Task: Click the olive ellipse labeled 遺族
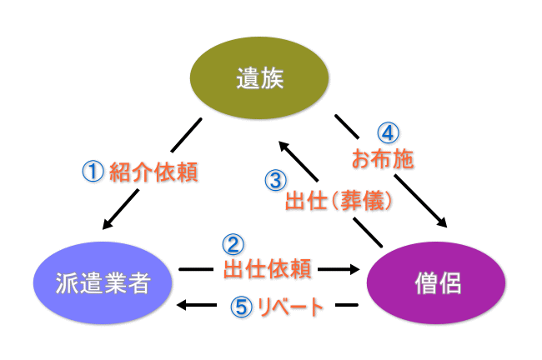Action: (x=259, y=80)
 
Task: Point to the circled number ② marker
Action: (x=233, y=244)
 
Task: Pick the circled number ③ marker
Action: (x=275, y=180)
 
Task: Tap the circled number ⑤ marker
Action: (x=240, y=307)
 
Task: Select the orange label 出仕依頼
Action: (x=268, y=268)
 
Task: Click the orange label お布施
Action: (x=384, y=158)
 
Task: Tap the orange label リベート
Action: (x=286, y=307)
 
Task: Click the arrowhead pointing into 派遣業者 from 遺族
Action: (x=109, y=222)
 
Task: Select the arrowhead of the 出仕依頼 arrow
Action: (x=354, y=269)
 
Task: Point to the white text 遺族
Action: (x=259, y=80)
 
